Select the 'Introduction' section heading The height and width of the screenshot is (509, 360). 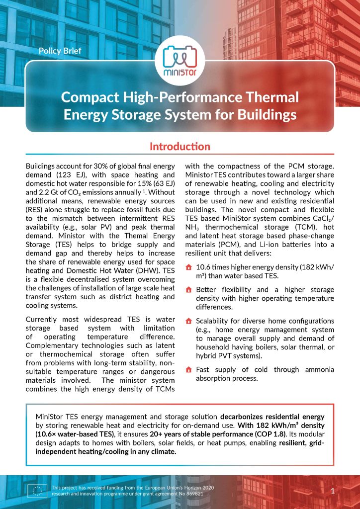click(180, 147)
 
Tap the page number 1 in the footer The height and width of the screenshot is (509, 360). click(332, 491)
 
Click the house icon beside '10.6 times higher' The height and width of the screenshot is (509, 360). click(188, 267)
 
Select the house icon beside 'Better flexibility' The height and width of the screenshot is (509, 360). click(188, 290)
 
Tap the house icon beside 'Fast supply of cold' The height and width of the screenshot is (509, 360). click(188, 370)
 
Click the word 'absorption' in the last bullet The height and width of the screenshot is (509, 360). click(214, 378)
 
